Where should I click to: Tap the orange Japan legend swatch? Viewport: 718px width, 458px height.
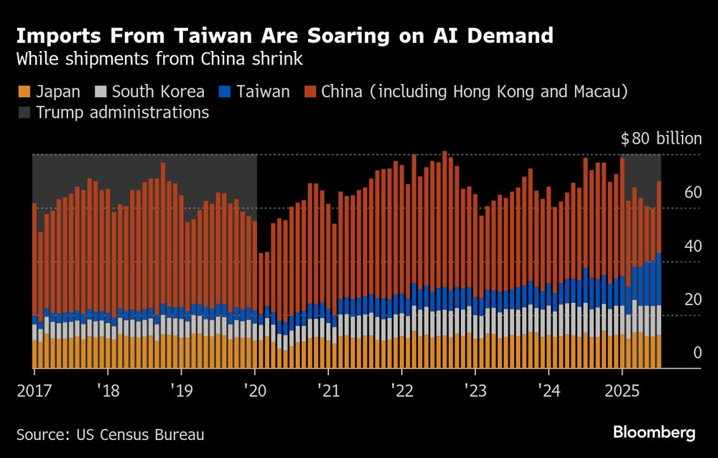pos(24,92)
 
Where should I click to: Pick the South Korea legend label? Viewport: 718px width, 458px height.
pos(158,92)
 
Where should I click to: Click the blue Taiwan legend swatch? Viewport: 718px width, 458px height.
pos(225,92)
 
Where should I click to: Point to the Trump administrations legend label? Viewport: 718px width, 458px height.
pos(122,113)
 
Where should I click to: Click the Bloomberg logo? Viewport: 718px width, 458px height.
pos(654,432)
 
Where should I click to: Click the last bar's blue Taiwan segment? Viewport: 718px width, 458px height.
pos(658,279)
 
